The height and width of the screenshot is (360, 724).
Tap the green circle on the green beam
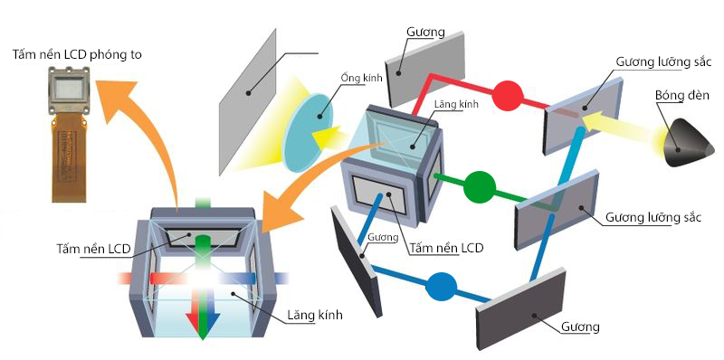[480, 186]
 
